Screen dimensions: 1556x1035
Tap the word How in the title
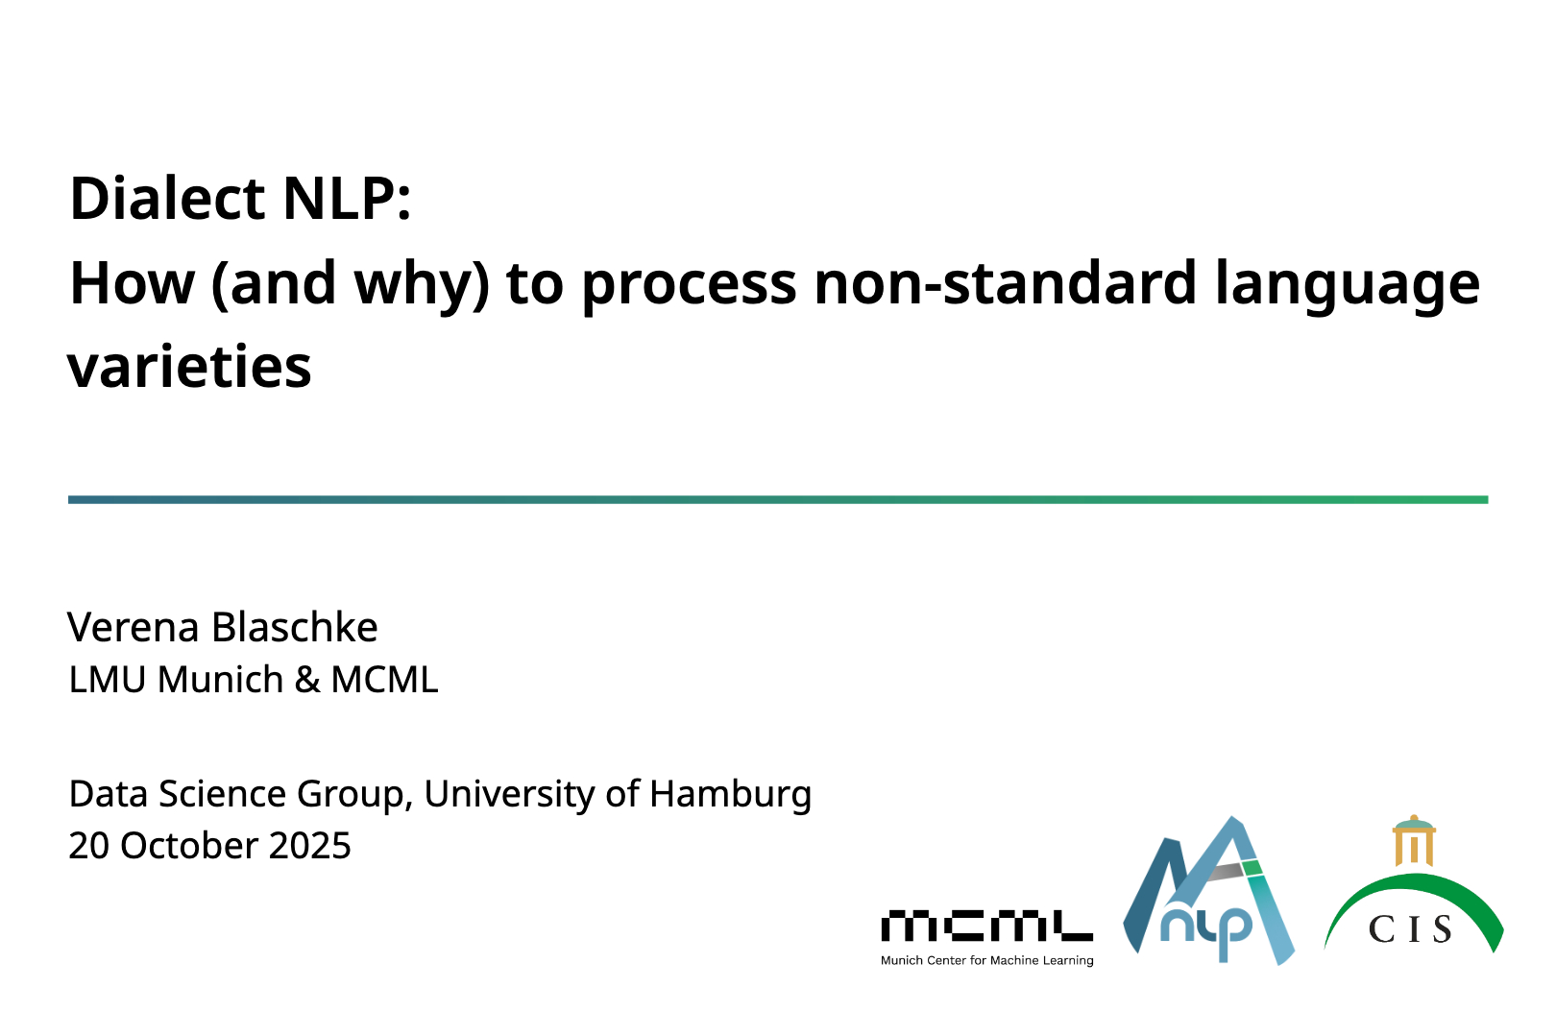pyautogui.click(x=132, y=282)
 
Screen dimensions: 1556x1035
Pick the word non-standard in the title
pyautogui.click(x=1006, y=282)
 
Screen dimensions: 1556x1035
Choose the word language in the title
pyautogui.click(x=1348, y=287)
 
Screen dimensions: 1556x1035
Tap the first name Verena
pyautogui.click(x=134, y=628)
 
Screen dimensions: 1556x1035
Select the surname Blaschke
pyautogui.click(x=295, y=627)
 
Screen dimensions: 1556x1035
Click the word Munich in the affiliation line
pyautogui.click(x=221, y=679)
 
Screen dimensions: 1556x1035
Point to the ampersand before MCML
pyautogui.click(x=307, y=680)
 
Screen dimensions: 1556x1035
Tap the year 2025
pyautogui.click(x=310, y=846)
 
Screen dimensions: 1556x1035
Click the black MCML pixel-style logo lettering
pyautogui.click(x=986, y=926)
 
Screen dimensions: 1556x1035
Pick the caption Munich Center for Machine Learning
pyautogui.click(x=987, y=961)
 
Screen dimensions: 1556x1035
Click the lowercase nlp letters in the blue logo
pyautogui.click(x=1206, y=930)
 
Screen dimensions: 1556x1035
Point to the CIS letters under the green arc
pyautogui.click(x=1410, y=928)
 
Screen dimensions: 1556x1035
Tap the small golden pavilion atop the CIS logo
pyautogui.click(x=1414, y=841)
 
